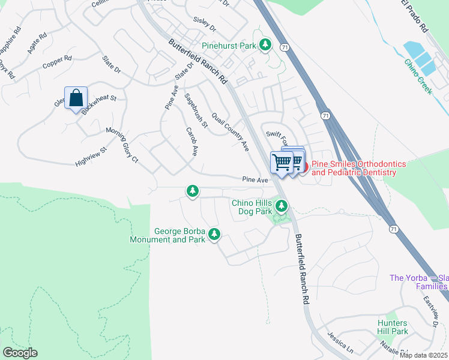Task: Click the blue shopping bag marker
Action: pyautogui.click(x=76, y=98)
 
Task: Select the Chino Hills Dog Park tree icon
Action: pyautogui.click(x=282, y=208)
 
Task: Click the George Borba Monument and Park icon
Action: pyautogui.click(x=213, y=235)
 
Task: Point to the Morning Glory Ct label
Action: pyautogui.click(x=122, y=145)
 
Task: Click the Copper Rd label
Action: pyautogui.click(x=57, y=62)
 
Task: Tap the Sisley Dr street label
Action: pyautogui.click(x=204, y=23)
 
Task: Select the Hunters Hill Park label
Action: pyautogui.click(x=393, y=327)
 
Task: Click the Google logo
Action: pyautogui.click(x=20, y=353)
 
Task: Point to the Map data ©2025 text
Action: pyautogui.click(x=423, y=355)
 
